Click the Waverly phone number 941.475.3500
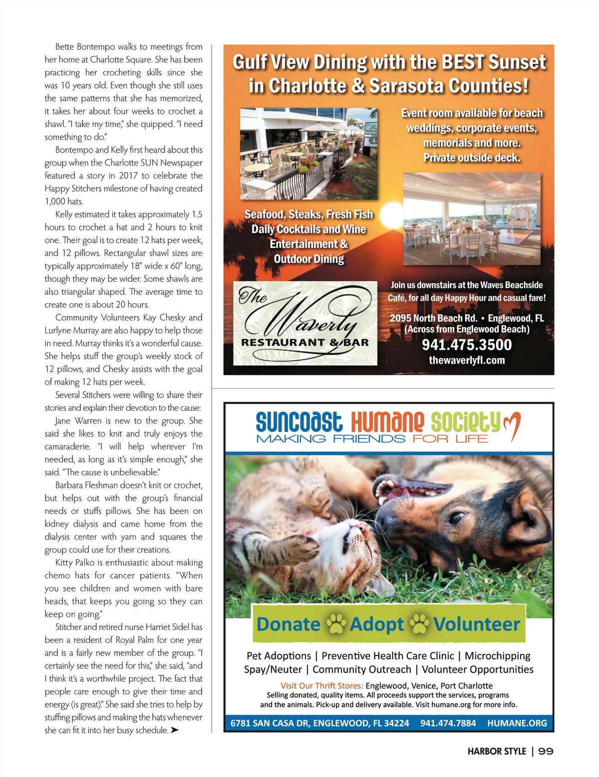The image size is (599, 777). tap(467, 345)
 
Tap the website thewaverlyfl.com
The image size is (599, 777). tap(467, 360)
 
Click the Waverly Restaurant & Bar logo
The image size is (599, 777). tap(305, 323)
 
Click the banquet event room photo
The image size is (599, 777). tap(472, 219)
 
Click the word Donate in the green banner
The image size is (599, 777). tap(288, 624)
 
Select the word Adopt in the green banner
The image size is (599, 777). tap(377, 624)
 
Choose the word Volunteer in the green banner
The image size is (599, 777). tap(477, 624)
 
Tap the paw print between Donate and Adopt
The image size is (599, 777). tap(336, 624)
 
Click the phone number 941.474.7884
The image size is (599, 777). tap(448, 723)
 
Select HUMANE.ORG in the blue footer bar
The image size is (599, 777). tap(517, 723)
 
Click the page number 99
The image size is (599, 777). tap(546, 752)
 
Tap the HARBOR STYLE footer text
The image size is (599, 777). tap(497, 752)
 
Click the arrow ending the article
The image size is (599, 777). tap(174, 730)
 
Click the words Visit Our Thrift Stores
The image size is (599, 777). tap(321, 686)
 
